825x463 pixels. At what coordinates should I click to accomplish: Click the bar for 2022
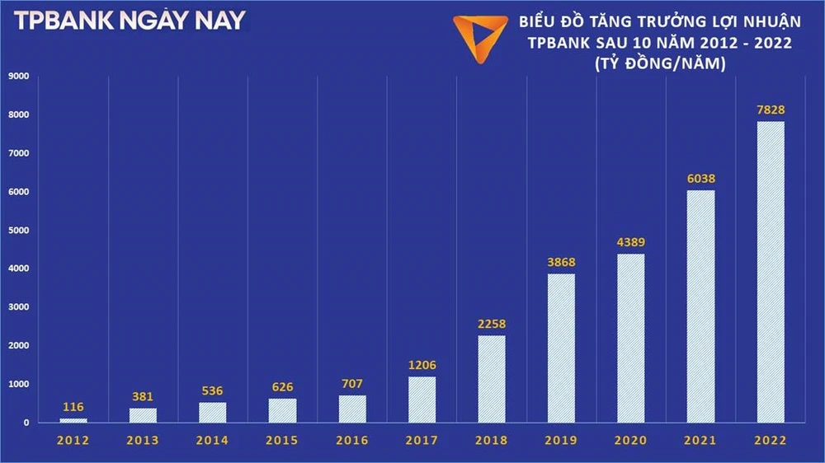click(x=771, y=272)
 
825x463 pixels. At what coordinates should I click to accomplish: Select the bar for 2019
click(x=561, y=348)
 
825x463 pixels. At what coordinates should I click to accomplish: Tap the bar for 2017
click(x=422, y=400)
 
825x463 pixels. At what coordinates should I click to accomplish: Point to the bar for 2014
click(x=212, y=412)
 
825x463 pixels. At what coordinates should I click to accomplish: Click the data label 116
click(x=73, y=407)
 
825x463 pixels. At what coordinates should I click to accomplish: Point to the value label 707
click(x=351, y=384)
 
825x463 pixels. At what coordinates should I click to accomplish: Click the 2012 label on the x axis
click(x=73, y=441)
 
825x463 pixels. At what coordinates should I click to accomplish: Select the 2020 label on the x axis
click(x=631, y=441)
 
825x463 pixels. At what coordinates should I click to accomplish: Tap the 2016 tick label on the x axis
click(x=351, y=441)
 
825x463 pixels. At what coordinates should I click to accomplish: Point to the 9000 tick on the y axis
click(x=18, y=77)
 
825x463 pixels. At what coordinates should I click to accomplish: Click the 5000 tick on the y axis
click(x=18, y=231)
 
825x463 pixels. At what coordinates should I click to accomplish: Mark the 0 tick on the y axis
click(x=26, y=423)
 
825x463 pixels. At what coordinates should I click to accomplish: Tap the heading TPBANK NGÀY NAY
click(x=130, y=21)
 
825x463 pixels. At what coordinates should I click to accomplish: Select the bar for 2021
click(x=700, y=306)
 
